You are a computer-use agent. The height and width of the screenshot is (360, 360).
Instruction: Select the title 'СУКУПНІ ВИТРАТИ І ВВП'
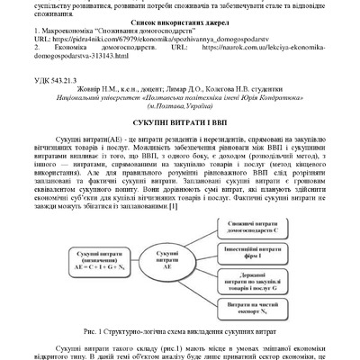coord(179,121)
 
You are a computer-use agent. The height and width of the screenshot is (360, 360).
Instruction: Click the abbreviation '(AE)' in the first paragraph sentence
coord(90,136)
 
